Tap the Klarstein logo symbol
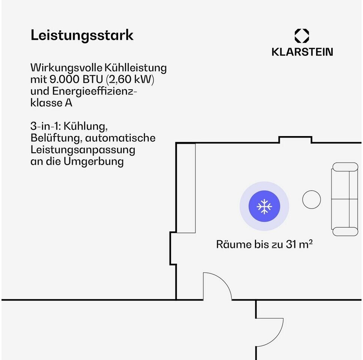click(301, 36)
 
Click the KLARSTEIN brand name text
click(302, 52)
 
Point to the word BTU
click(93, 79)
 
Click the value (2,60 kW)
click(130, 79)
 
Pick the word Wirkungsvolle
click(66, 67)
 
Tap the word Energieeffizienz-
click(94, 91)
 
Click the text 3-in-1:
click(45, 126)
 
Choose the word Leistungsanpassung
click(83, 150)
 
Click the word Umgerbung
click(93, 162)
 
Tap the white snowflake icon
click(264, 206)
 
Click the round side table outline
click(311, 199)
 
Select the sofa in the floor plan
click(345, 199)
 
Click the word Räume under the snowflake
click(234, 244)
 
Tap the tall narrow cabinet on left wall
click(186, 188)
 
